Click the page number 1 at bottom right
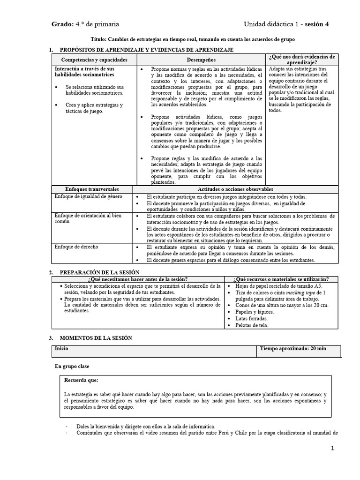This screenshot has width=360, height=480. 332,448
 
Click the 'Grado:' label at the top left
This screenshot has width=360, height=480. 62,24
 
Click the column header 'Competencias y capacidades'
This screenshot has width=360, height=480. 94,60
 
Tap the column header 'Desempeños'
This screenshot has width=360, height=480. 202,60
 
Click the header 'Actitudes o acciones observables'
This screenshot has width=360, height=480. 235,188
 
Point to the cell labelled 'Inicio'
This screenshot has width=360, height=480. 61,349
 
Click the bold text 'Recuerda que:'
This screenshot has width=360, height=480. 82,380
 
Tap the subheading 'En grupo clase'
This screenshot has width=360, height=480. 72,366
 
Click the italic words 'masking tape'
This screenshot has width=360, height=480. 301,292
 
